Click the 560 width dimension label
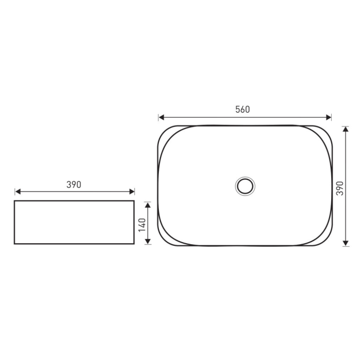tap(242, 109)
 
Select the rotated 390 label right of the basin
tap(339, 189)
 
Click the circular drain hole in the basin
tap(245, 186)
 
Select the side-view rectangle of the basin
tap(74, 222)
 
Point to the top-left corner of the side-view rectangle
tap(14, 201)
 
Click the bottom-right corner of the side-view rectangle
tap(134, 243)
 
